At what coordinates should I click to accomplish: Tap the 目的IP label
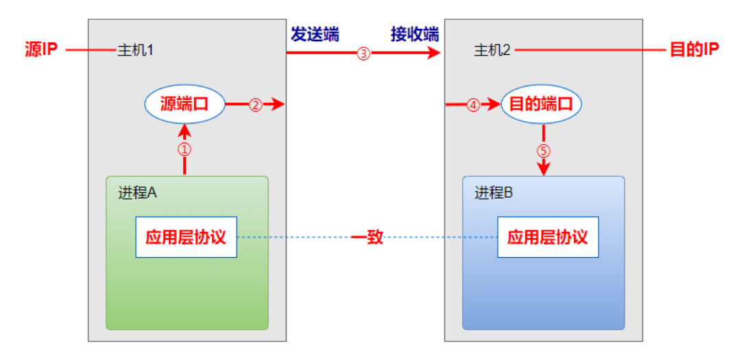click(x=694, y=50)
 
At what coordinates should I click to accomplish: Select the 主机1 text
click(x=134, y=51)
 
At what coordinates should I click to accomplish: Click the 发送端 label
click(x=315, y=34)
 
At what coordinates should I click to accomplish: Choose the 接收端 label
click(x=415, y=34)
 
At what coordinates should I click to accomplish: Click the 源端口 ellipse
click(x=184, y=104)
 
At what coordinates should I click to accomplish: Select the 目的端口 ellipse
click(x=542, y=104)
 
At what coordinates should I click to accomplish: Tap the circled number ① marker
click(x=184, y=148)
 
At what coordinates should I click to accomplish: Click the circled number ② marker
click(x=255, y=105)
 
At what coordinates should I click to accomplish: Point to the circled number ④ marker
click(x=474, y=105)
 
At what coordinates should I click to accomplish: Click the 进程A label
click(x=137, y=192)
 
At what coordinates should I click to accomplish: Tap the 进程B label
click(x=494, y=192)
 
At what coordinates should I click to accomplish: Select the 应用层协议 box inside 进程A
click(x=186, y=237)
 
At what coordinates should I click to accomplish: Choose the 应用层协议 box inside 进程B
click(x=547, y=237)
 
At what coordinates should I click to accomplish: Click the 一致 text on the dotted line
click(x=367, y=238)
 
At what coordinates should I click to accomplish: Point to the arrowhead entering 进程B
click(x=544, y=169)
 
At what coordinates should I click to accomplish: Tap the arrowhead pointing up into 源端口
click(x=184, y=130)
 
